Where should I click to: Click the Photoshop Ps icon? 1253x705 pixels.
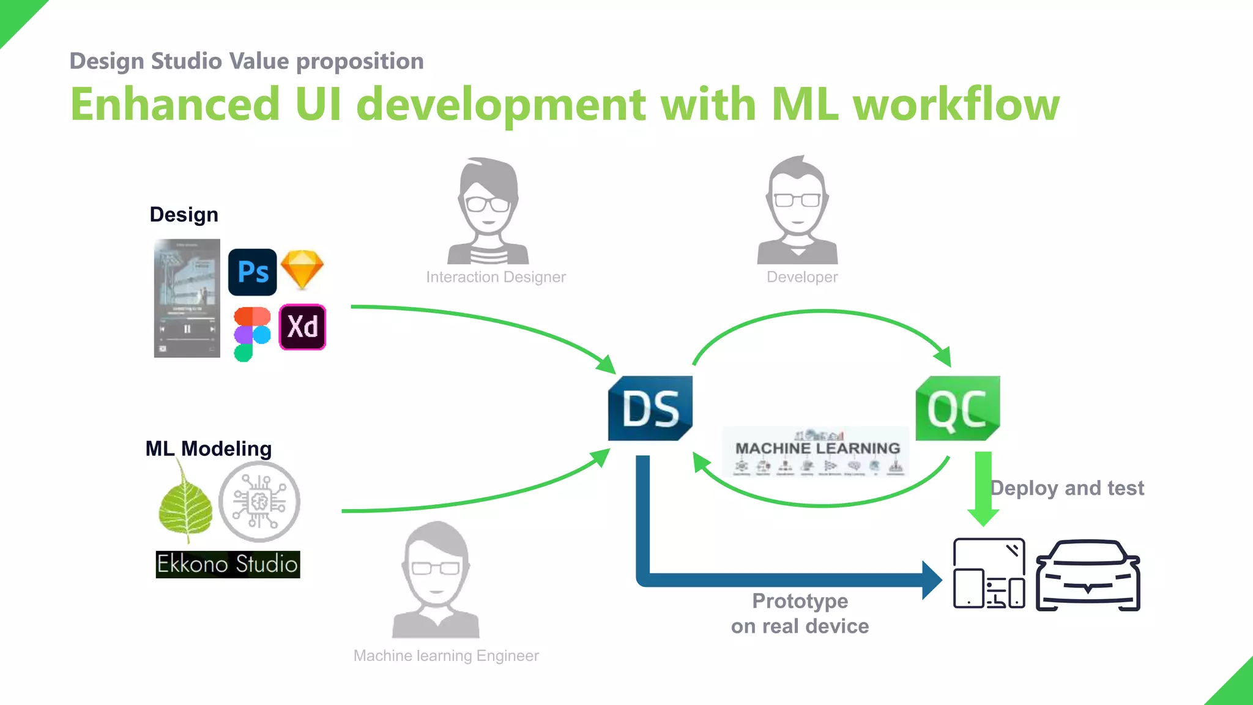point(252,272)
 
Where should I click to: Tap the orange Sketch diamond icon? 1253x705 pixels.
point(302,269)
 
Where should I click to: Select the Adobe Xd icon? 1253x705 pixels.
point(302,327)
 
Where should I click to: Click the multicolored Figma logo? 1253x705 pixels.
point(251,334)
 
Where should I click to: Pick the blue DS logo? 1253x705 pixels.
point(650,408)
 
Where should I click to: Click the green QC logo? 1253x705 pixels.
point(957,408)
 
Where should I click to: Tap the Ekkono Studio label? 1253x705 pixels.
point(228,564)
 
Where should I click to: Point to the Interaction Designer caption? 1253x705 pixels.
point(496,277)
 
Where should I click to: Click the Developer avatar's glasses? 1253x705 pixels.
point(797,200)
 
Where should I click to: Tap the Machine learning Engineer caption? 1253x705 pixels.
point(446,656)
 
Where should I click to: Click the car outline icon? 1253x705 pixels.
point(1087,575)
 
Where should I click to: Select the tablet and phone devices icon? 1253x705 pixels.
point(989,573)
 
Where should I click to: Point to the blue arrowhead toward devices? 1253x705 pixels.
point(931,580)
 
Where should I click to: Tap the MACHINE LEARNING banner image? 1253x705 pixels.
point(816,452)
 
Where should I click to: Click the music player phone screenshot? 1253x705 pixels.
point(187,298)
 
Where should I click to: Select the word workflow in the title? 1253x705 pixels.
point(956,104)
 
